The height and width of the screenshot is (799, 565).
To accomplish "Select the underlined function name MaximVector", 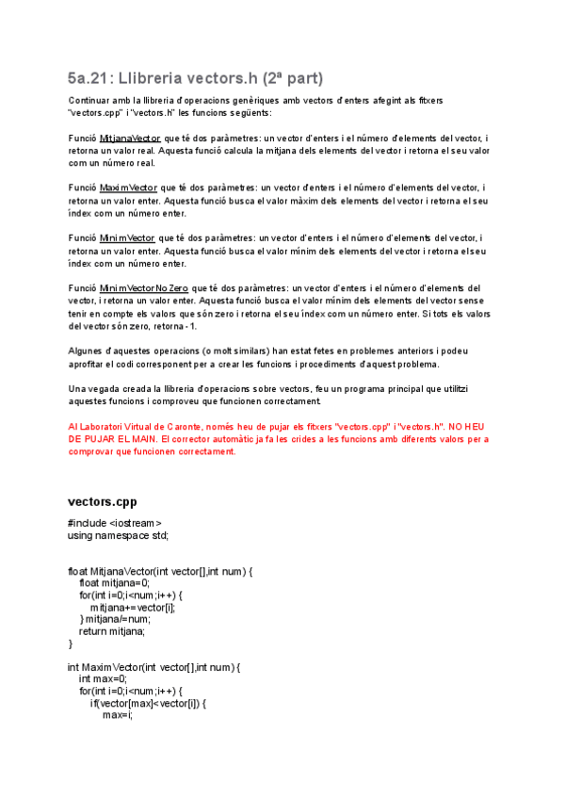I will click(x=128, y=188).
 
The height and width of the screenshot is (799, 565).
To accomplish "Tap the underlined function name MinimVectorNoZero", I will click(x=145, y=288).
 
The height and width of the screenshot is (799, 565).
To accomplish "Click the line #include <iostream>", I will click(x=115, y=523).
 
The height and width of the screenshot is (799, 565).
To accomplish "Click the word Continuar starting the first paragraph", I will click(x=89, y=100).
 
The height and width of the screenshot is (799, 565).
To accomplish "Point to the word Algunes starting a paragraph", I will click(x=86, y=351).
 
